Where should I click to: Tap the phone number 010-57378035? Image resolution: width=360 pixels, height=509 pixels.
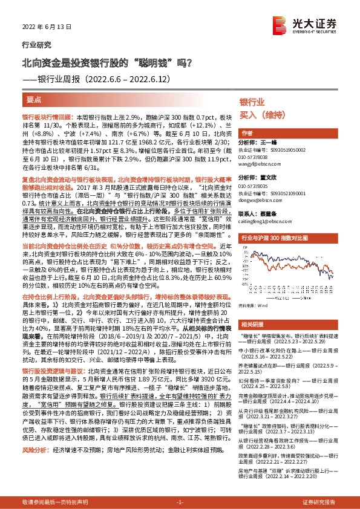click(255, 186)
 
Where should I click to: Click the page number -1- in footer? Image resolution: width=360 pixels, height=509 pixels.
click(180, 502)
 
